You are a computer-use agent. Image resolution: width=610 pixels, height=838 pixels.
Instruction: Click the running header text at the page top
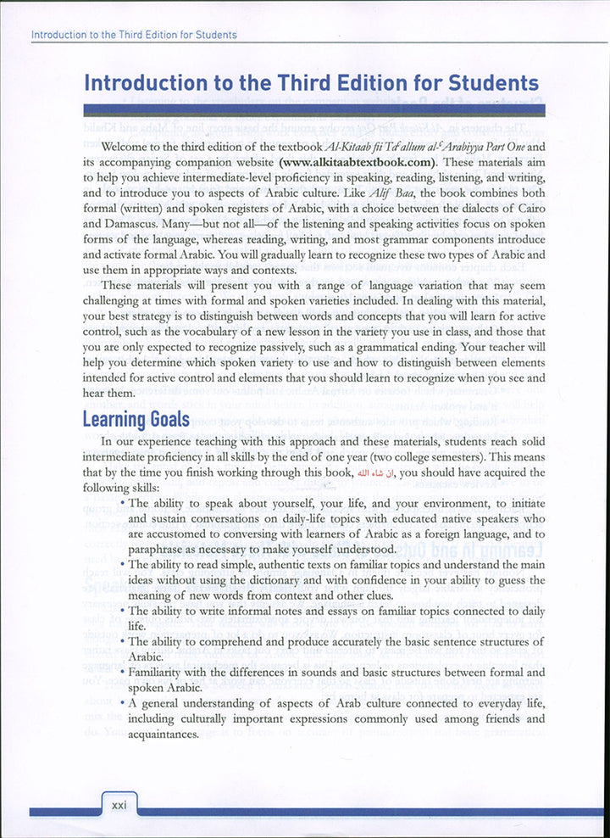pos(133,35)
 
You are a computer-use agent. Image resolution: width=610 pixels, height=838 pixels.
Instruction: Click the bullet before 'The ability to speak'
pos(123,503)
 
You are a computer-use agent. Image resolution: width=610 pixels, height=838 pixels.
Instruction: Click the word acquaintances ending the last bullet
pos(169,735)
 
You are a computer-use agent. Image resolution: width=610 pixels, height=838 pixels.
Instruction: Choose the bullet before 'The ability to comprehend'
pos(123,642)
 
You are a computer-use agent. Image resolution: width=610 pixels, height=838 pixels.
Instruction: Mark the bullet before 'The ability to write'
pos(123,611)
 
